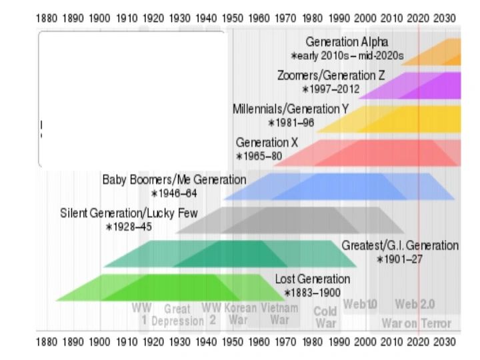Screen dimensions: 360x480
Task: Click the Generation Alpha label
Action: pyautogui.click(x=347, y=42)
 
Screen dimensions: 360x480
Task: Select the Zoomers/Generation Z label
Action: pyautogui.click(x=331, y=75)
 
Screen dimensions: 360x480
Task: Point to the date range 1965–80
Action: pyautogui.click(x=259, y=156)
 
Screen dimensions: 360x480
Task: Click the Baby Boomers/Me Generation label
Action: pyautogui.click(x=174, y=180)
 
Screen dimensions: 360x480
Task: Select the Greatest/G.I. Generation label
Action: pyautogui.click(x=400, y=245)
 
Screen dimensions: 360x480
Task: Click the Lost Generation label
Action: pyautogui.click(x=312, y=279)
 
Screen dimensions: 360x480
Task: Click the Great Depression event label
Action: pyautogui.click(x=177, y=315)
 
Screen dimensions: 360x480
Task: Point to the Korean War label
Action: pyautogui.click(x=240, y=315)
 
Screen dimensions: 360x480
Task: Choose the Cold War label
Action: pyautogui.click(x=325, y=317)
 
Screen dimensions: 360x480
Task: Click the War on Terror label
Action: pyautogui.click(x=416, y=324)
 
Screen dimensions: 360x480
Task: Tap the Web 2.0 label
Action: pyautogui.click(x=415, y=304)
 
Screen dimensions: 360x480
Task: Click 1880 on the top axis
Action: pyautogui.click(x=46, y=19)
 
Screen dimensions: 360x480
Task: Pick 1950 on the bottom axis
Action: pyautogui.click(x=232, y=342)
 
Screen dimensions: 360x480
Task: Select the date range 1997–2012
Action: pyautogui.click(x=331, y=89)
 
